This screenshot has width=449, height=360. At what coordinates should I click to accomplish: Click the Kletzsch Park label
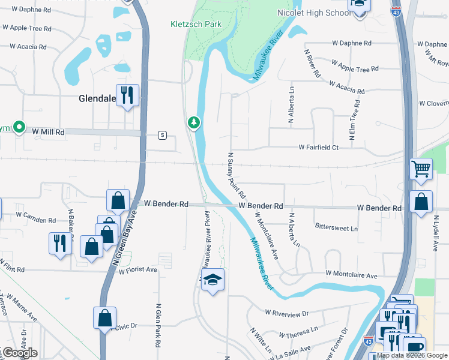pos(195,25)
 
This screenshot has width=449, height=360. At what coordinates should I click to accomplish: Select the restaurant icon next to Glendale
pos(128,95)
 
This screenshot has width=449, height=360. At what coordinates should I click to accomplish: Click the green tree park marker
pos(193,123)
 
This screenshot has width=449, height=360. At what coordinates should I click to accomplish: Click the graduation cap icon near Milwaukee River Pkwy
pos(212,280)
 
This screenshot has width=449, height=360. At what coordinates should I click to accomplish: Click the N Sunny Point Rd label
pos(237,176)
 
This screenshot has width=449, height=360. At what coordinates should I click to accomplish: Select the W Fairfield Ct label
pos(319,147)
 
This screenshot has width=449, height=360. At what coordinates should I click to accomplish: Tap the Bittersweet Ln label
pos(336,228)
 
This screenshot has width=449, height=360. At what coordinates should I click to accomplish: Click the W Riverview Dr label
pos(286,313)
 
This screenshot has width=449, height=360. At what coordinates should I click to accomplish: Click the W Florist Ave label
pos(137,270)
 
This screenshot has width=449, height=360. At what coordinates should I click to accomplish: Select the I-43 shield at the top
pos(395,11)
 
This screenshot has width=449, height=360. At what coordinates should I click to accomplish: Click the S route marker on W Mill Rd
pos(162,135)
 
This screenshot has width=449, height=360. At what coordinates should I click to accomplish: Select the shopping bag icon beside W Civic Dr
pos(104,318)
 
